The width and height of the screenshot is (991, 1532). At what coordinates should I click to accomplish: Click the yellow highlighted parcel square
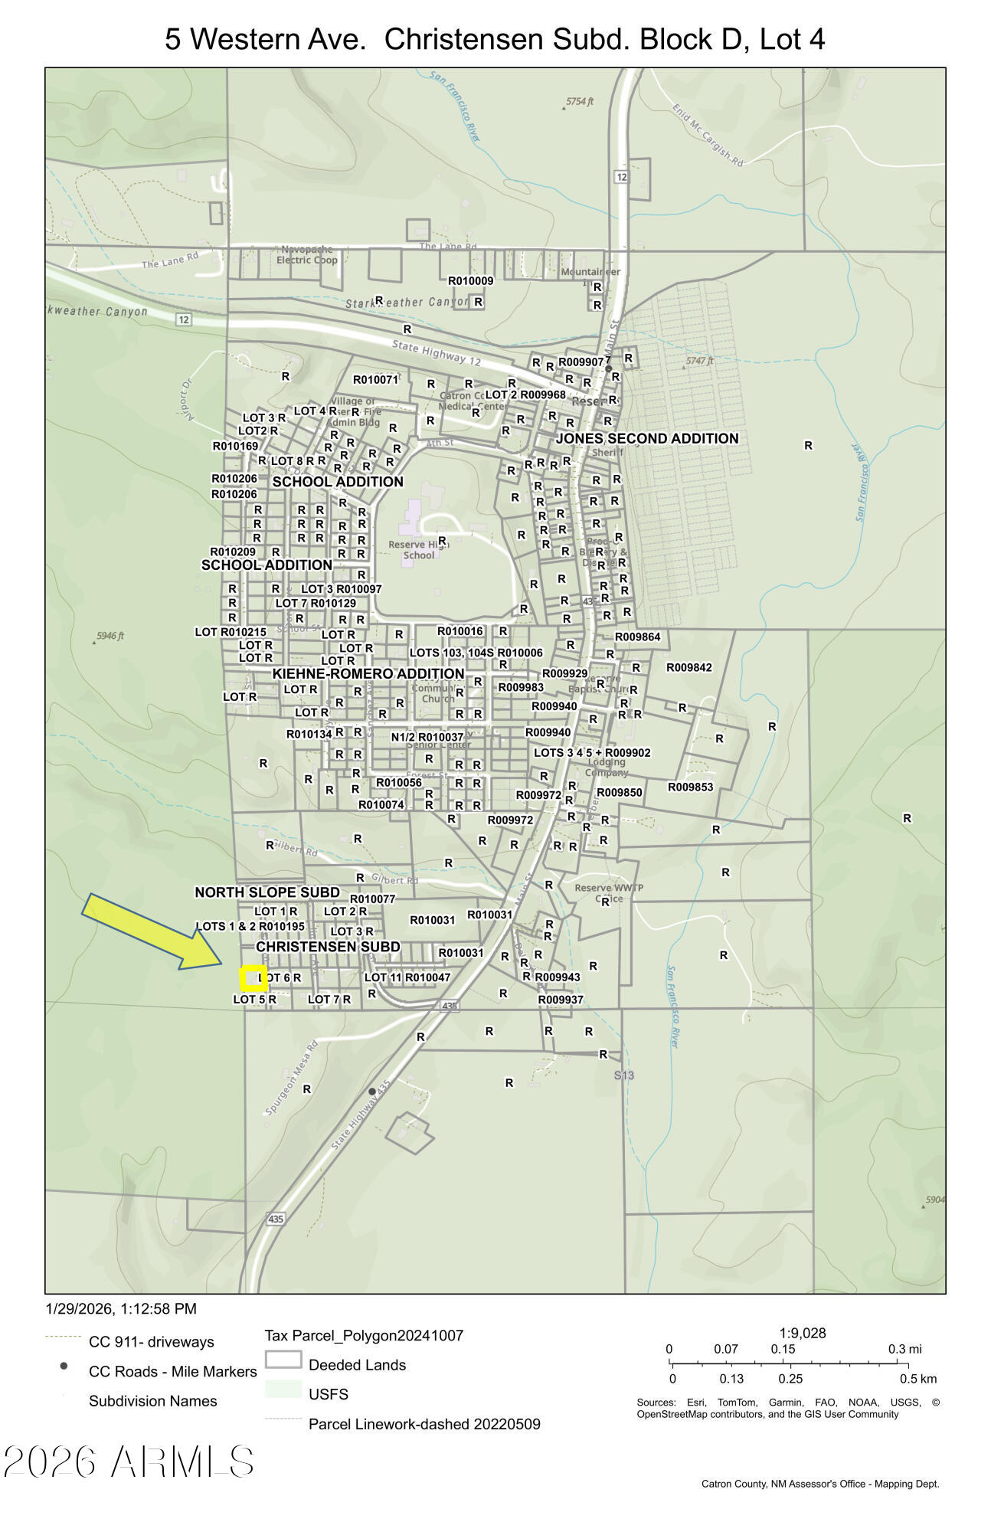[x=253, y=978]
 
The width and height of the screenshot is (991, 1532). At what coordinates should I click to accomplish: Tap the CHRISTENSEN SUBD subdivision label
[x=328, y=947]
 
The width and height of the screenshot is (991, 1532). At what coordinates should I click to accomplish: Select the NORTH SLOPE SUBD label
[x=267, y=892]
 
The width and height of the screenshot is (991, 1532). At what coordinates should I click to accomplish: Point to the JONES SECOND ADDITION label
[x=647, y=438]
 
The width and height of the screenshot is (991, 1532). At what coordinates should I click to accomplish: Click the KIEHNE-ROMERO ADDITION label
[x=368, y=673]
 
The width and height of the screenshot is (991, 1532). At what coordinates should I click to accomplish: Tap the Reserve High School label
[x=418, y=550]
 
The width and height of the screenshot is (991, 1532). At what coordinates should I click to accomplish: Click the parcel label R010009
[x=471, y=281]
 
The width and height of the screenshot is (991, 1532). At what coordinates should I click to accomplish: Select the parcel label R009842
[x=689, y=667]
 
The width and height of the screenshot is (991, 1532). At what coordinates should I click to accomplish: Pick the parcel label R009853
[x=690, y=787]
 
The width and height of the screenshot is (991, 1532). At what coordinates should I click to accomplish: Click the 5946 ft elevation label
[x=110, y=636]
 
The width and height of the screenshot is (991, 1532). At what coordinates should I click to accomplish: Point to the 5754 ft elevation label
[x=580, y=101]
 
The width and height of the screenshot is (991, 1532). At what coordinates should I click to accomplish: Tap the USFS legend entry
[x=329, y=1394]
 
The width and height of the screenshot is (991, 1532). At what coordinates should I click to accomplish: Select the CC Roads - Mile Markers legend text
[x=173, y=1371]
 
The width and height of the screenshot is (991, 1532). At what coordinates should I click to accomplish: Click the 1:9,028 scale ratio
[x=803, y=1333]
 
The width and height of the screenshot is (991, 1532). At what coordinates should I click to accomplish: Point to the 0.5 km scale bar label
[x=918, y=1379]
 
